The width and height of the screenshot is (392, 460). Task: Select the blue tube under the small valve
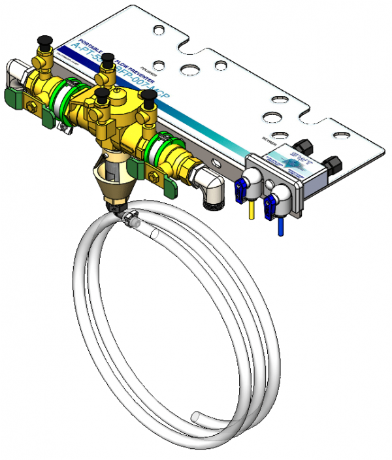tap(280, 224)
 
